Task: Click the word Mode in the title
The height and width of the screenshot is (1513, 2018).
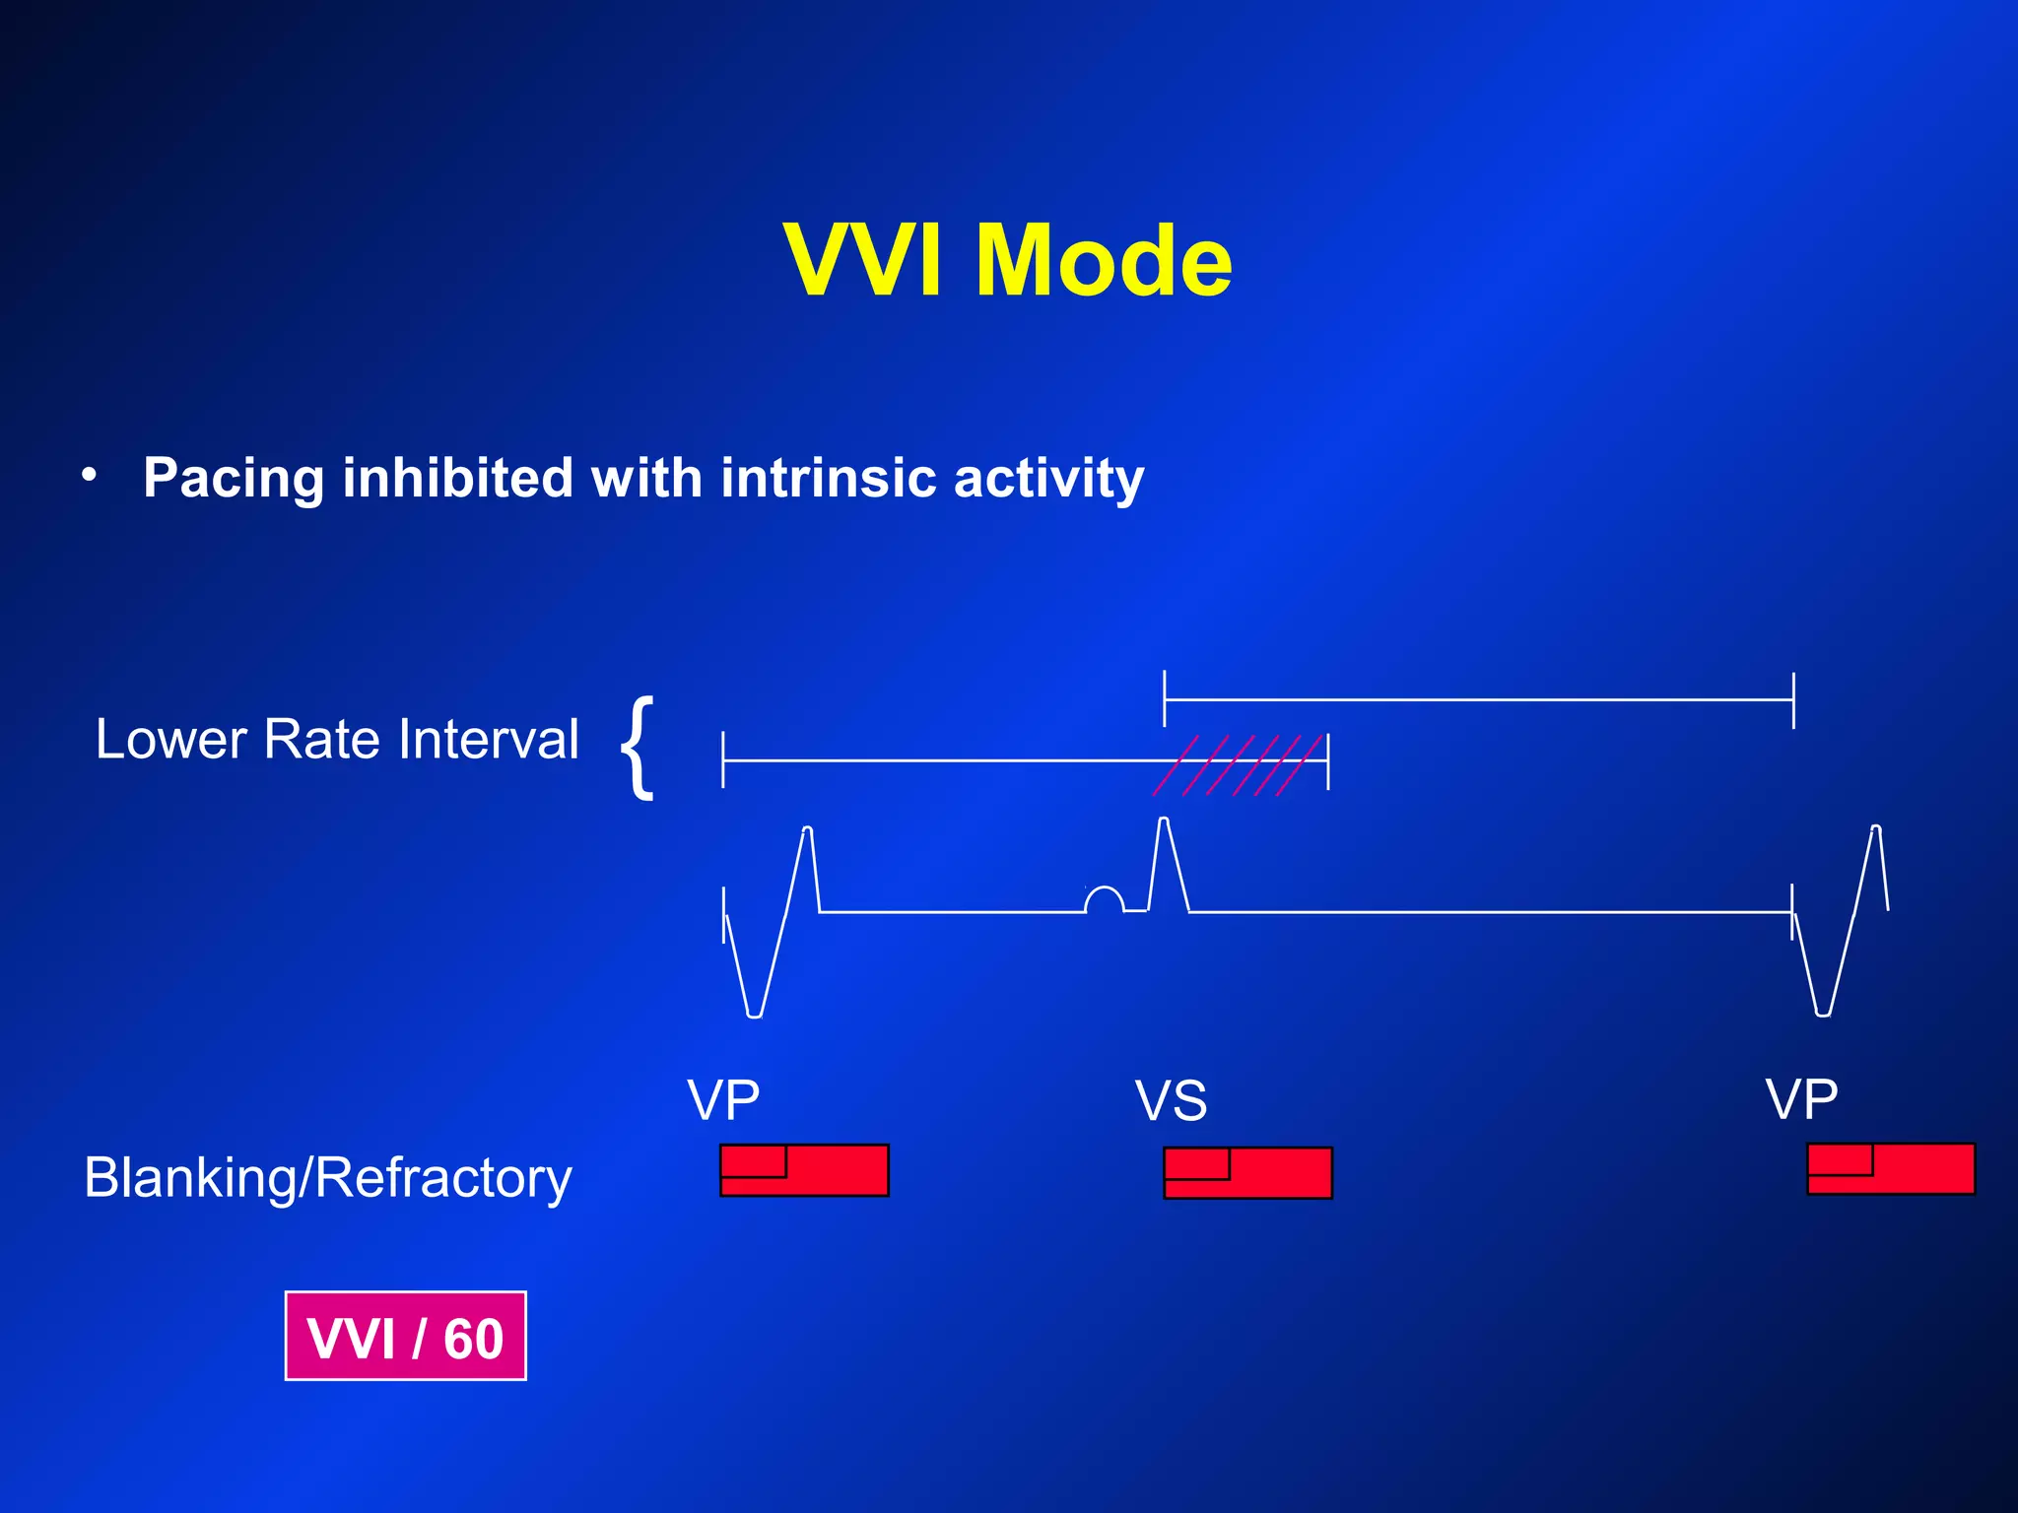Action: pos(1104,261)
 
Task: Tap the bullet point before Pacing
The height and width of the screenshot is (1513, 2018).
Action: pos(90,475)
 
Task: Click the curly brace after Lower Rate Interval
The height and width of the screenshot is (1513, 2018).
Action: pos(639,746)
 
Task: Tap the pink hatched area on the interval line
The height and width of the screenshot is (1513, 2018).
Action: pos(1240,764)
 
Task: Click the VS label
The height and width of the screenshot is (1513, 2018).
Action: pos(1171,1101)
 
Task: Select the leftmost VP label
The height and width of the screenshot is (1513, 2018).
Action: pos(723,1100)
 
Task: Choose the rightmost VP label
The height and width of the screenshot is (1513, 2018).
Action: pos(1801,1099)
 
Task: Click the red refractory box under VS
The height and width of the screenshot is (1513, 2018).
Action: pos(1247,1173)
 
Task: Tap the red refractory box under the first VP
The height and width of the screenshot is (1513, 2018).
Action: pos(804,1170)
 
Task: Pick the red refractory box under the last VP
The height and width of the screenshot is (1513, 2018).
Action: pos(1890,1169)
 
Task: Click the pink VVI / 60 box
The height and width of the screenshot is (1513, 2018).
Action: pos(406,1337)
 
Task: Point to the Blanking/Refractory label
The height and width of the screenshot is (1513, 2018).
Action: pos(328,1177)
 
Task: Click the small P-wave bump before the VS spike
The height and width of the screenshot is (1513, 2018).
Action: pos(1104,898)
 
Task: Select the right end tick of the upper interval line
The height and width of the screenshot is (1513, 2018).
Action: pos(1793,700)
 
